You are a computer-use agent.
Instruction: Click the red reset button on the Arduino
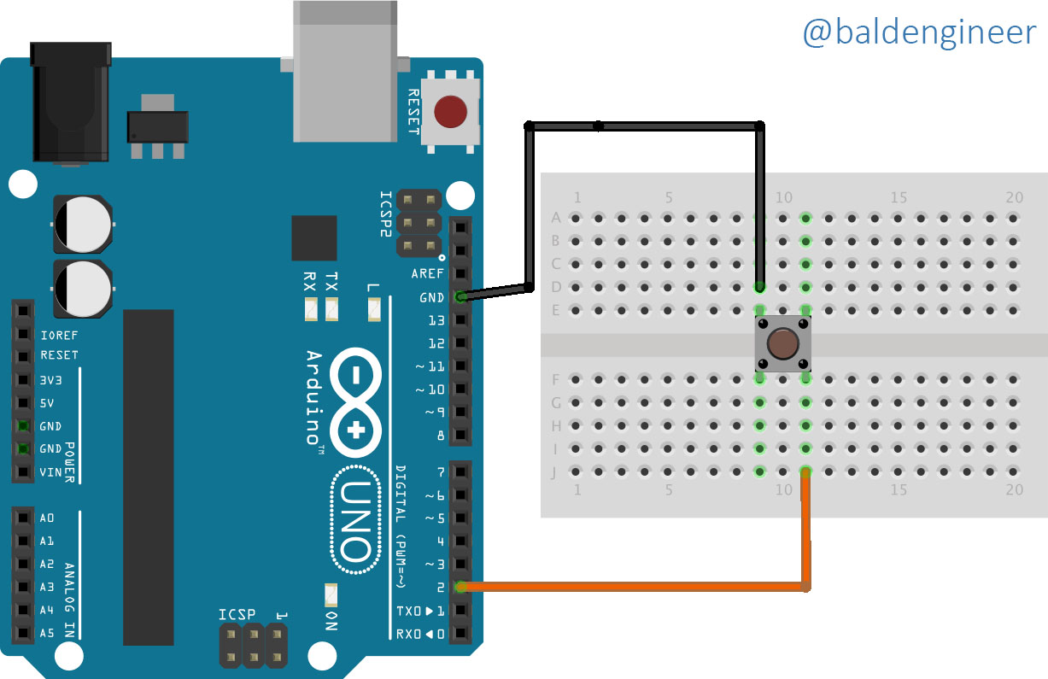coord(450,111)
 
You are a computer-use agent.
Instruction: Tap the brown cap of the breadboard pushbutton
coord(782,343)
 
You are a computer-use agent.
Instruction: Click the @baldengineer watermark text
coord(919,32)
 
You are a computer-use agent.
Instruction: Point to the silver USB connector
coord(345,71)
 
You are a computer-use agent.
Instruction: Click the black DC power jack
coord(71,102)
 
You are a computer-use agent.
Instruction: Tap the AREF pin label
coord(427,274)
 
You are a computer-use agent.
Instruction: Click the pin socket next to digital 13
coord(461,320)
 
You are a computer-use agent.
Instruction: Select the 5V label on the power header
coord(47,403)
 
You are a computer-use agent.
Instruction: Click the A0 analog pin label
coord(47,518)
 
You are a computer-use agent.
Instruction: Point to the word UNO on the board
coord(355,520)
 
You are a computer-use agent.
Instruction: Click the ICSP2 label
coord(385,214)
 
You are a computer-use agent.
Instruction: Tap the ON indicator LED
coord(331,594)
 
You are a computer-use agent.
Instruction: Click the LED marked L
coord(374,309)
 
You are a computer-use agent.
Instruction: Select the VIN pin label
coord(50,472)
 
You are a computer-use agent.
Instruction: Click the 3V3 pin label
coord(50,380)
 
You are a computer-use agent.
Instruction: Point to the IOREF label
coord(59,336)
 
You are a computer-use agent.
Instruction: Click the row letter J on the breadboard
coord(554,473)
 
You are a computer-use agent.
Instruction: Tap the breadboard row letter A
coord(556,218)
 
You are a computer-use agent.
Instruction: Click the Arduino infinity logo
coord(355,402)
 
